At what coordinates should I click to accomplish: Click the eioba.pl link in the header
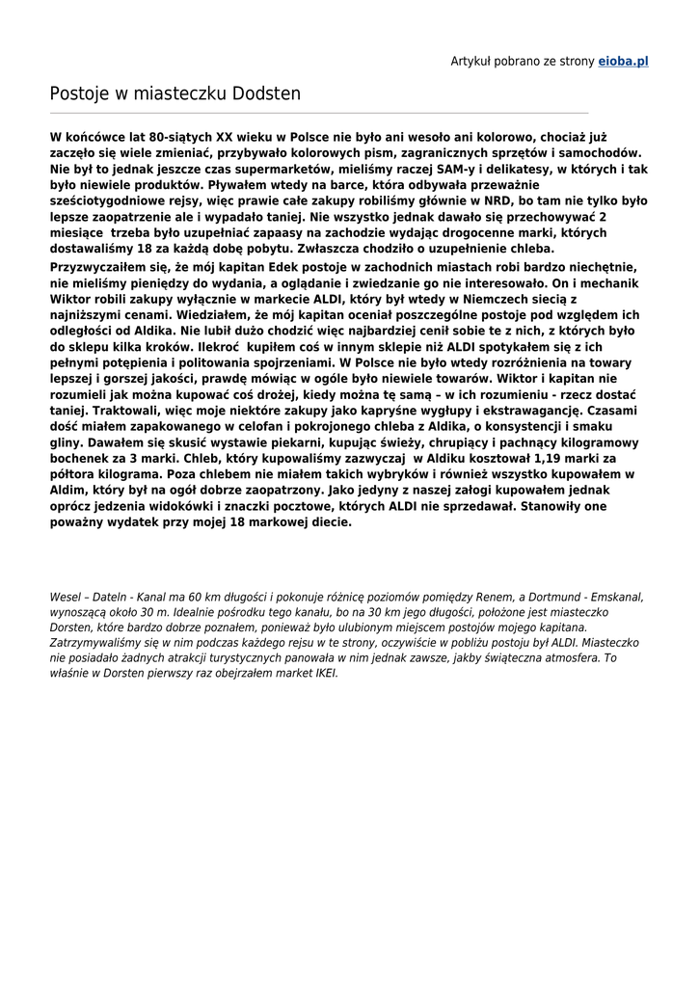pyautogui.click(x=623, y=61)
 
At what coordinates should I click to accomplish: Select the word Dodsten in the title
pyautogui.click(x=266, y=93)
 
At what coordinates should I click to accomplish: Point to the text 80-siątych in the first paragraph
pyautogui.click(x=162, y=138)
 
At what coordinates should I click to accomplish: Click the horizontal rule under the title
pyautogui.click(x=319, y=113)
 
